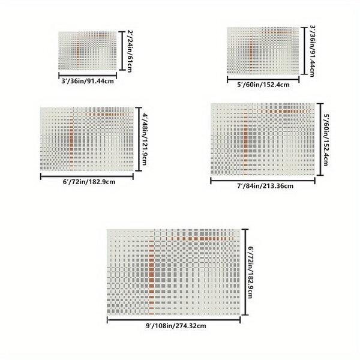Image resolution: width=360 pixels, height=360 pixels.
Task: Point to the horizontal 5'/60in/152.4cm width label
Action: [x=264, y=85]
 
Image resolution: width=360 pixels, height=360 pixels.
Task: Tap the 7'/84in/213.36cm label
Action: [x=263, y=186]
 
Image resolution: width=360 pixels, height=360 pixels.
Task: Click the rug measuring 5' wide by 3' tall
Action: [x=262, y=50]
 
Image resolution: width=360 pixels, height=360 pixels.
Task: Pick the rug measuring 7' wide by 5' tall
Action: [x=262, y=139]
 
